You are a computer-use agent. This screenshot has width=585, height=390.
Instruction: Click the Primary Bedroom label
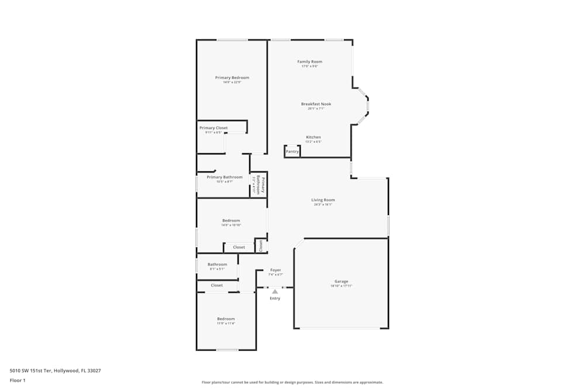tap(232, 78)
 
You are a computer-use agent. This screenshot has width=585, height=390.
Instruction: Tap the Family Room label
tap(309, 61)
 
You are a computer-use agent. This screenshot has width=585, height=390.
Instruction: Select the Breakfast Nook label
tap(316, 104)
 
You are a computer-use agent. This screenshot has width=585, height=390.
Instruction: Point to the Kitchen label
tap(313, 137)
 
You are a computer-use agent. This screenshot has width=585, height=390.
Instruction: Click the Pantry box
tap(292, 151)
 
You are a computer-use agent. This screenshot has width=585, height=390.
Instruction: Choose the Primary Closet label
tap(214, 128)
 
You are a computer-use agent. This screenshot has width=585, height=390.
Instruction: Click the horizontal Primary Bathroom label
tap(224, 177)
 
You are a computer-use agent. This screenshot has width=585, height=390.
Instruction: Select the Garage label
tap(341, 281)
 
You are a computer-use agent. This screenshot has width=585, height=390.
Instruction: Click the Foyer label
tap(276, 270)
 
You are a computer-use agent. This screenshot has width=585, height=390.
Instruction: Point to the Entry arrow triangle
tap(275, 291)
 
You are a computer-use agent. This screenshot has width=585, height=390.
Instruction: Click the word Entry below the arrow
tap(275, 298)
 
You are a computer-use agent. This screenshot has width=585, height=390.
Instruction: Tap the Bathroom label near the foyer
tap(217, 264)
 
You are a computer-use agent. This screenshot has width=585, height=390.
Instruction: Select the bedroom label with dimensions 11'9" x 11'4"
tap(226, 319)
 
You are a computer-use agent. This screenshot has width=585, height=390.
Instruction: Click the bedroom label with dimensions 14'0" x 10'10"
tap(231, 220)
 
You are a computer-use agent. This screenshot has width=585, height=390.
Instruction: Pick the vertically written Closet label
tap(261, 246)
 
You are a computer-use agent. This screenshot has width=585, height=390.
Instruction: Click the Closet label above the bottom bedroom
tap(216, 285)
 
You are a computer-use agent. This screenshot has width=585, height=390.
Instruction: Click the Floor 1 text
tap(18, 380)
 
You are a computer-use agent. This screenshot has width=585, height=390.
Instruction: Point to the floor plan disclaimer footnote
tap(292, 382)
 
